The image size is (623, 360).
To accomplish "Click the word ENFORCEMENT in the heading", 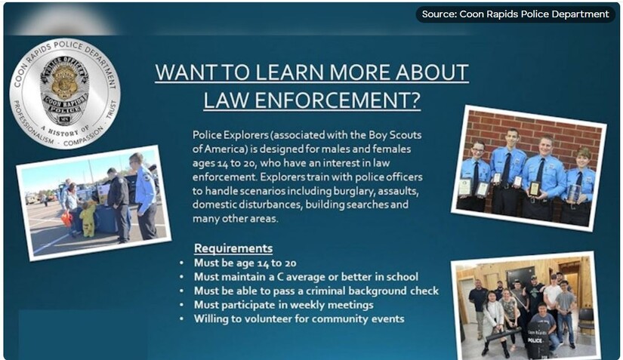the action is (337, 100).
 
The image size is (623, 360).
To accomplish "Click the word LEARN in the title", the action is (288, 72).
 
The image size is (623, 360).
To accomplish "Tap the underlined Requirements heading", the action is (233, 248).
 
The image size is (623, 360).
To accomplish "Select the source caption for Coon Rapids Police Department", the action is (515, 14).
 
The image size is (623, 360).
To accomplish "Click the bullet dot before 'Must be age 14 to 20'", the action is (181, 263).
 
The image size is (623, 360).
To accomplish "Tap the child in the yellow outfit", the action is (88, 220).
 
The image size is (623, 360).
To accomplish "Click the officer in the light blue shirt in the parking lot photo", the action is (143, 197).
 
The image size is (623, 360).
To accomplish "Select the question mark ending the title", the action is (415, 100).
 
